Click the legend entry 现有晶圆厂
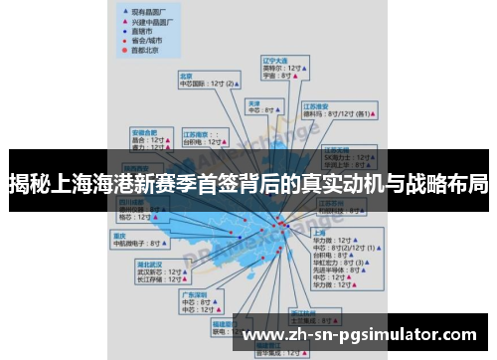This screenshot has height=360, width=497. [x=142, y=8]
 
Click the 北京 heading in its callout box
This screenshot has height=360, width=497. [x=186, y=75]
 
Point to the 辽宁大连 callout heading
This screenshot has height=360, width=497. [x=274, y=60]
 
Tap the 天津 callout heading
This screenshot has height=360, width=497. [x=254, y=102]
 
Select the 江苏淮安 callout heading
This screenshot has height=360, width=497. [x=316, y=104]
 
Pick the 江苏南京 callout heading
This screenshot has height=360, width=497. [x=197, y=132]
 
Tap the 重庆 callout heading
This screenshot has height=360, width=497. [x=118, y=235]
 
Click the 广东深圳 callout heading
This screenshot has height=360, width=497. [x=193, y=294]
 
